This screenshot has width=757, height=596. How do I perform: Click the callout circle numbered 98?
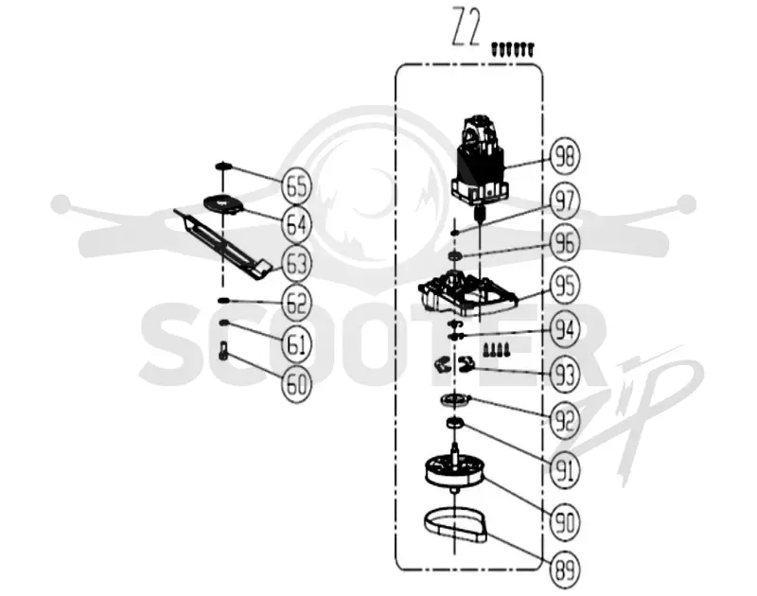(x=564, y=156)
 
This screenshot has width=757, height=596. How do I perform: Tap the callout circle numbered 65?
(x=296, y=185)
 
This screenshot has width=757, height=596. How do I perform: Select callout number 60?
(x=296, y=384)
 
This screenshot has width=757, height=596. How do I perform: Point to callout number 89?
(x=564, y=570)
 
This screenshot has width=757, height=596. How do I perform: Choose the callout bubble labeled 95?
(x=564, y=285)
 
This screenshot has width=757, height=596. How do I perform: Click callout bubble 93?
(x=564, y=375)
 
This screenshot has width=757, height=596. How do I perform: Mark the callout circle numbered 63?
(x=296, y=264)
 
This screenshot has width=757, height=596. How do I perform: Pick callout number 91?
(x=564, y=469)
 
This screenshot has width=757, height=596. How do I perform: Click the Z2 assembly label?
(x=466, y=26)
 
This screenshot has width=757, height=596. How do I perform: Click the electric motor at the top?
(x=480, y=164)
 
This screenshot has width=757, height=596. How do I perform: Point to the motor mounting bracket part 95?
(x=467, y=293)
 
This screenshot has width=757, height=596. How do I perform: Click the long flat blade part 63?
(x=223, y=245)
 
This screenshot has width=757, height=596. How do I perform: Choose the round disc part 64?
(x=224, y=203)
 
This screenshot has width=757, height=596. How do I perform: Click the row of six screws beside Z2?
(x=513, y=49)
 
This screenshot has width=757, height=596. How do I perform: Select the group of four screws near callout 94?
(x=495, y=349)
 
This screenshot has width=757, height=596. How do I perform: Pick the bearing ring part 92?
(x=455, y=400)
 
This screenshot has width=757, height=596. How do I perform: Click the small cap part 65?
(x=223, y=167)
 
